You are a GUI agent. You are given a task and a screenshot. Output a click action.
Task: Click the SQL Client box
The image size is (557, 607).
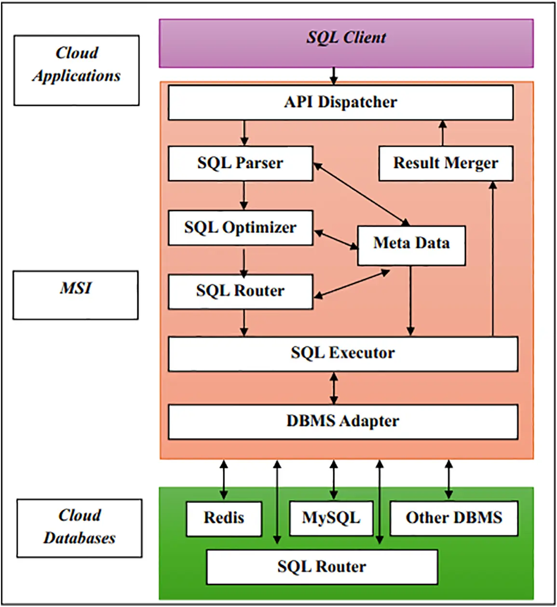346,43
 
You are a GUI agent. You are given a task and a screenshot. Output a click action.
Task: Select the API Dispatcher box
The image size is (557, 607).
340,103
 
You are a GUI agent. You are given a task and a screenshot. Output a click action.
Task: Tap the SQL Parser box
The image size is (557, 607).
240,163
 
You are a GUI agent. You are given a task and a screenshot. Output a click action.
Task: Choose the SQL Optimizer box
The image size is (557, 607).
240,228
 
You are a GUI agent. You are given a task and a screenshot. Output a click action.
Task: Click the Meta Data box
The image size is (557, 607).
411,245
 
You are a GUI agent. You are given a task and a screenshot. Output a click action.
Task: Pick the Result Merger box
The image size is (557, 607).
445,163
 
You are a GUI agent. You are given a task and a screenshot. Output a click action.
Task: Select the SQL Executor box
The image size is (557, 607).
342,353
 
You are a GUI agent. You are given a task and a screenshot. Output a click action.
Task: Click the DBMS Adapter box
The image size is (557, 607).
342,421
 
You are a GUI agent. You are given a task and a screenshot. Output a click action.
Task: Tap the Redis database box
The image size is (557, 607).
224,518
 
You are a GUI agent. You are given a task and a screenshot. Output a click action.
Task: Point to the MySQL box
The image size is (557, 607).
331,518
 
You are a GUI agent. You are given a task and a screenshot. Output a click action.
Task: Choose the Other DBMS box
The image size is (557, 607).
453,518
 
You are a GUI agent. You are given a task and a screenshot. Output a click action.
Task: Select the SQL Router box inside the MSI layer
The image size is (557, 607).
240,292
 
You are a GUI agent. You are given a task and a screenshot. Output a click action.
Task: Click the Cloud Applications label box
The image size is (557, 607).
76,70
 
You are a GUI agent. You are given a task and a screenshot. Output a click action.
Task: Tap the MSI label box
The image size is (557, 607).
75,295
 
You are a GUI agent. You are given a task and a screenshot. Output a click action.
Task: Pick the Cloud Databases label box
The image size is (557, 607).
79,528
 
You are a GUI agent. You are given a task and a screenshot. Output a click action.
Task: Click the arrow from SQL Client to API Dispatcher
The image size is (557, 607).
333,76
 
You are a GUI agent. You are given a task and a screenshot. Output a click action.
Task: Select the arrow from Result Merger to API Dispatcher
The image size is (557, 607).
443,133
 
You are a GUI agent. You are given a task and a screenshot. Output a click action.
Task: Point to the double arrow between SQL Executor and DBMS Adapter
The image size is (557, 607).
333,388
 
